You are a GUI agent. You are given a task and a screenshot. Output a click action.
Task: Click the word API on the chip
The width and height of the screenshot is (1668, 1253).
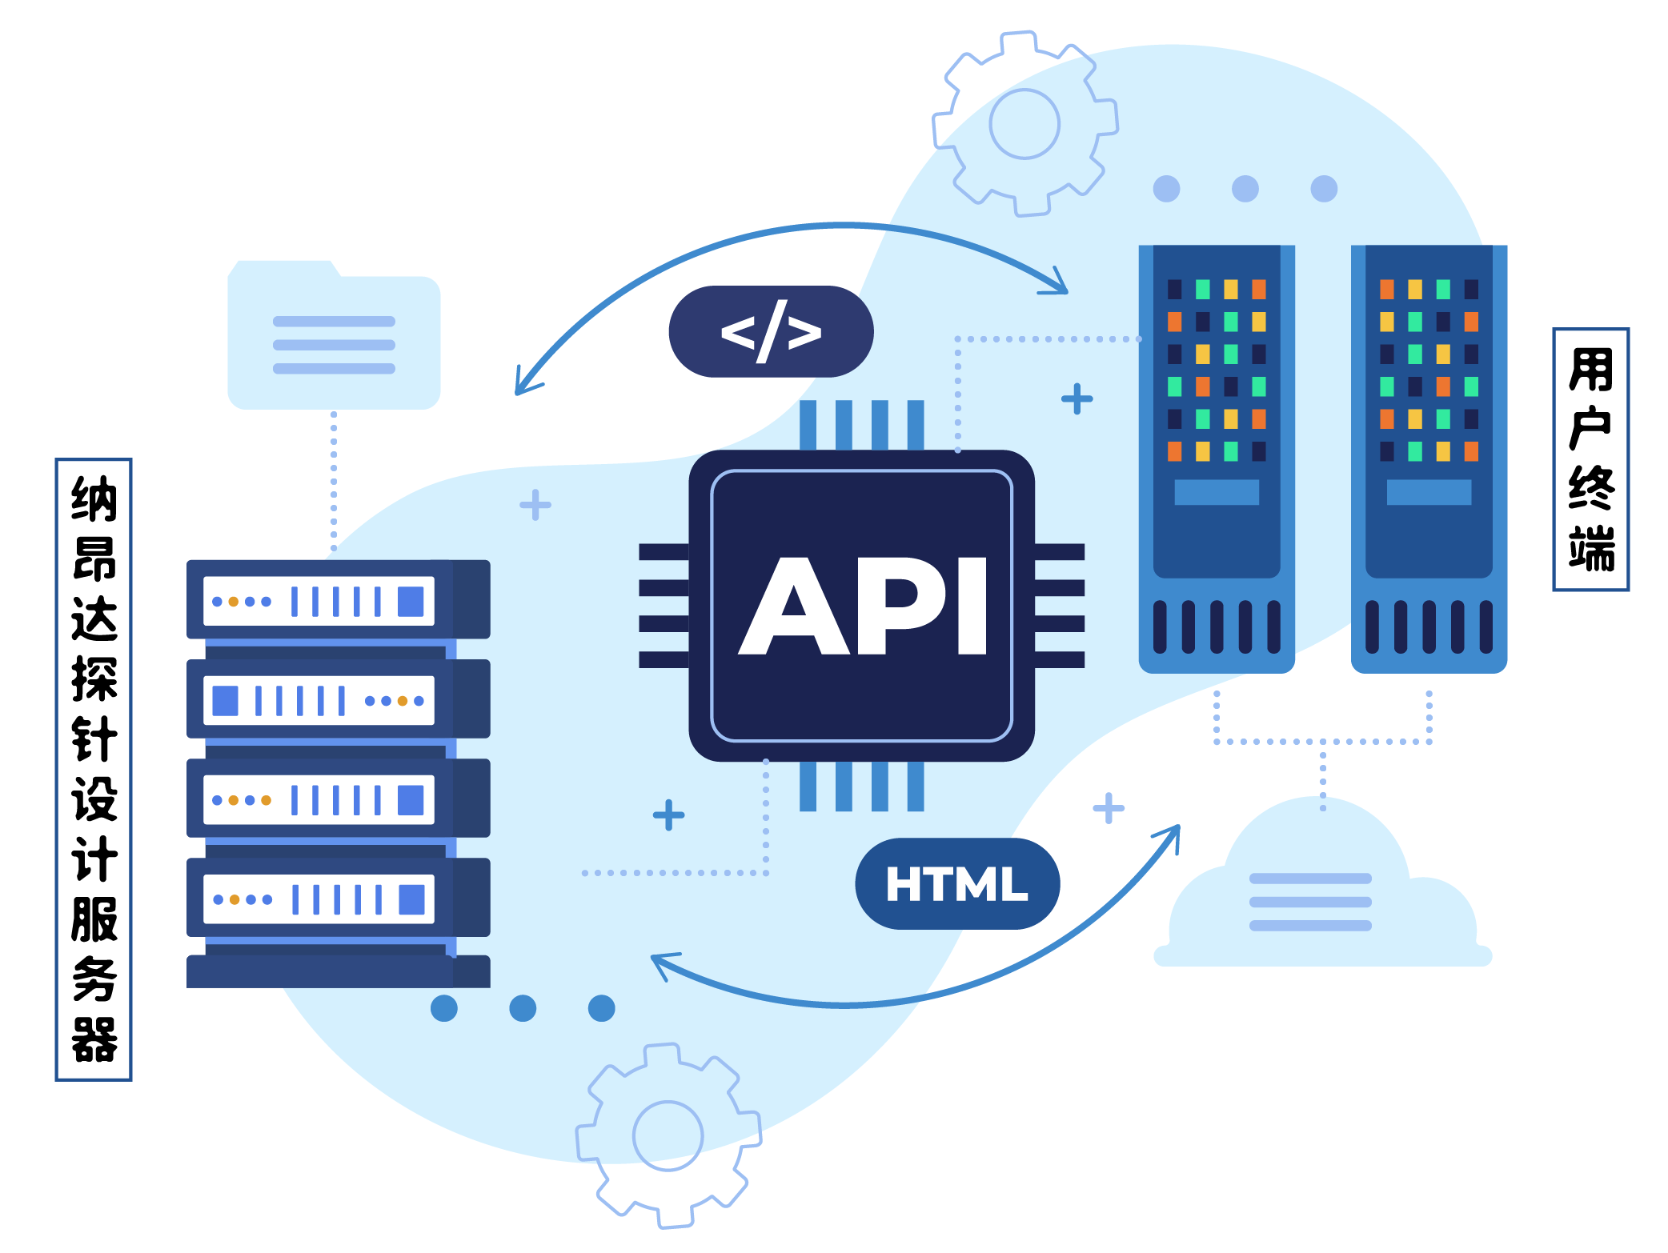(x=863, y=606)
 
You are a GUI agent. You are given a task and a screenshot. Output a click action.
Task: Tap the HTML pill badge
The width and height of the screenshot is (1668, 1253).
(x=957, y=883)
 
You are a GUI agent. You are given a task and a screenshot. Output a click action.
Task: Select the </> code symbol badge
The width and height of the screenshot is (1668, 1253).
(x=771, y=331)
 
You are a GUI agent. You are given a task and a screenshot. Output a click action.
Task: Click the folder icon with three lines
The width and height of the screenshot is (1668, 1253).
(x=334, y=336)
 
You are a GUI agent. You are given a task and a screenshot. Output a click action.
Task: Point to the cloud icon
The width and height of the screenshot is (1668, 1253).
(x=1321, y=896)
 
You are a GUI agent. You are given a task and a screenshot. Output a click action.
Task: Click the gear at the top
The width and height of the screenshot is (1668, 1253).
(x=1024, y=124)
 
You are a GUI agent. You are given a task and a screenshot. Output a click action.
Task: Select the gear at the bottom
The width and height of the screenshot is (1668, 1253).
(x=668, y=1135)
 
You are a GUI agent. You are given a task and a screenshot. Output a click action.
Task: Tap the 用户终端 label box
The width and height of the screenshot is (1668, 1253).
(x=1590, y=459)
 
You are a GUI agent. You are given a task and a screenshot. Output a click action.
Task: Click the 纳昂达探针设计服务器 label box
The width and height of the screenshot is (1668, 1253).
(x=94, y=769)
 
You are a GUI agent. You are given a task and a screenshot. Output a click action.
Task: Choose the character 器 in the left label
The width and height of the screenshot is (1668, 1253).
(x=94, y=1039)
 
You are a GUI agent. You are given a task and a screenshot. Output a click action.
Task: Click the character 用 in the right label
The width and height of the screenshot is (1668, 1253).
(x=1590, y=370)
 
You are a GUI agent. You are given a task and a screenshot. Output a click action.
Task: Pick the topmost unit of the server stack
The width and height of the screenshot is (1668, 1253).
(x=338, y=599)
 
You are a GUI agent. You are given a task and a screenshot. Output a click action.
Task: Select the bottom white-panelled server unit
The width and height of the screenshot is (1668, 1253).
(x=338, y=898)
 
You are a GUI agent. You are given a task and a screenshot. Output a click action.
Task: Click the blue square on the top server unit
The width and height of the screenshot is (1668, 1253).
(x=411, y=601)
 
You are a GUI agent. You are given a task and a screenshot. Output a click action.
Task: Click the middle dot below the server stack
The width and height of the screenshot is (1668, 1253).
(x=523, y=1008)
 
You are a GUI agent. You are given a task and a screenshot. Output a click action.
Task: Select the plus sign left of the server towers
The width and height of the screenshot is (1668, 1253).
(x=1077, y=398)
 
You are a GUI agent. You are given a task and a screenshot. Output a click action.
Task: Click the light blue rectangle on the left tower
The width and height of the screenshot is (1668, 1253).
(x=1216, y=492)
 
